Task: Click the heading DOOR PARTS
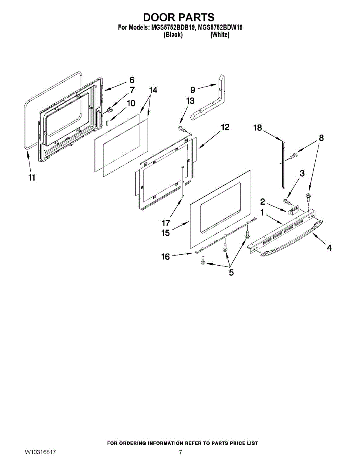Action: point(179,17)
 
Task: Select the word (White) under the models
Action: point(219,35)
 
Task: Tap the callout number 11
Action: point(31,177)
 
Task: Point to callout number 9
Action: point(193,90)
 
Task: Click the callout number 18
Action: point(258,128)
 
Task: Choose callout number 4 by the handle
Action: point(329,248)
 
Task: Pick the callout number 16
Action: point(166,256)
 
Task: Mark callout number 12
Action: point(225,127)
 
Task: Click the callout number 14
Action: point(153,90)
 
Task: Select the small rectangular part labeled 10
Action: point(109,122)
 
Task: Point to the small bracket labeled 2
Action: point(292,211)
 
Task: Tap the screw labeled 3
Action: point(286,201)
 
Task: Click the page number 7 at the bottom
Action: point(180,452)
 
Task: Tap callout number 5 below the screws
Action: point(231,273)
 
